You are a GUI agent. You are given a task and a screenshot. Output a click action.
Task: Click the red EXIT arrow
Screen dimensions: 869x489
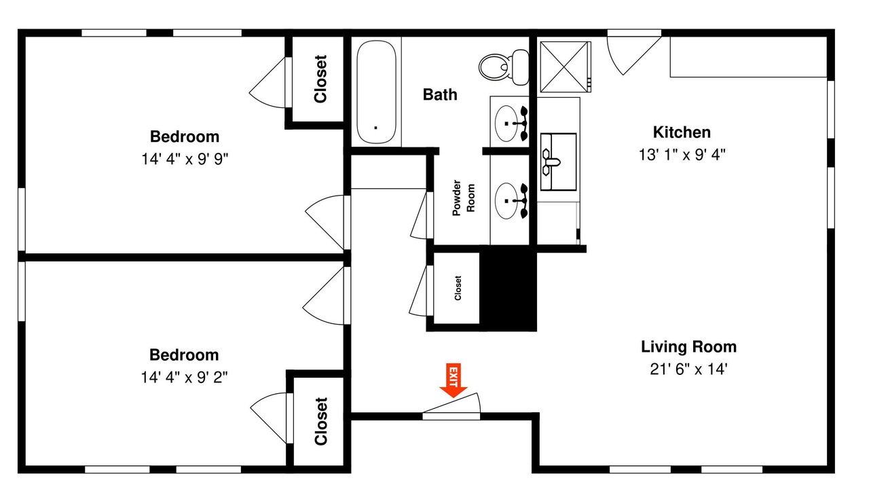click(x=453, y=380)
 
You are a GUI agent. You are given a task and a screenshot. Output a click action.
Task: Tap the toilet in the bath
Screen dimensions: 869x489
click(x=504, y=67)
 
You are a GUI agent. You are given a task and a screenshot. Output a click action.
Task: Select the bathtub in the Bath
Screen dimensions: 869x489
click(x=376, y=92)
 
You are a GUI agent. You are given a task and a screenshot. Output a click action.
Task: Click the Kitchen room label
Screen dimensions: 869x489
click(x=682, y=132)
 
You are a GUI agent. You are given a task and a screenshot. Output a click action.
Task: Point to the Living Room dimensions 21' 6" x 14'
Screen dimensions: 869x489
click(x=688, y=369)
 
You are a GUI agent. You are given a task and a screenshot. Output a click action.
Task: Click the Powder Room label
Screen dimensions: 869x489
click(x=463, y=198)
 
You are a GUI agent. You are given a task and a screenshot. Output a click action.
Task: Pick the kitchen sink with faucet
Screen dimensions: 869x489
click(x=558, y=162)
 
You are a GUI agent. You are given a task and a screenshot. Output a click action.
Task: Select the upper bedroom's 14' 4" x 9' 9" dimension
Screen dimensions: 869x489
click(x=185, y=159)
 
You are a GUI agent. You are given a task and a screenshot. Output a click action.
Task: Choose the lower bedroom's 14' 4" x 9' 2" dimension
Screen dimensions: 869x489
click(x=184, y=377)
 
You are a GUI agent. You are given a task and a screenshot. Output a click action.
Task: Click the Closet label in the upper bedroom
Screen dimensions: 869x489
click(x=320, y=79)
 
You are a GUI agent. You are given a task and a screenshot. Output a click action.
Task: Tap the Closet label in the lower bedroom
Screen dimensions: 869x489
click(x=321, y=422)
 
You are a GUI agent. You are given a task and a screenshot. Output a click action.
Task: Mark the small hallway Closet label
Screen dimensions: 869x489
click(x=458, y=288)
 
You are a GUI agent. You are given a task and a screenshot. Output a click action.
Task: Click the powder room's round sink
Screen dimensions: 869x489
click(x=506, y=201)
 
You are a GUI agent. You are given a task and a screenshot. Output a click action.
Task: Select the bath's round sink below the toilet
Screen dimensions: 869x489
click(x=506, y=124)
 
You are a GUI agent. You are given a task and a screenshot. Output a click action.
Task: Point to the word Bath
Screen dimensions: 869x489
click(x=440, y=94)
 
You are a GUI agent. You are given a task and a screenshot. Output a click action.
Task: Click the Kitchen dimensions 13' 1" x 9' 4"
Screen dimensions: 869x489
click(x=682, y=155)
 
